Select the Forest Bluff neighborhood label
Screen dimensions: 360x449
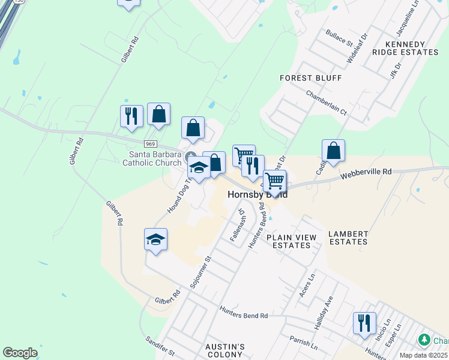pos(310,78)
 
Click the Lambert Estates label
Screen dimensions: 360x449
pos(348,237)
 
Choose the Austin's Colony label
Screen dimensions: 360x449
pos(224,351)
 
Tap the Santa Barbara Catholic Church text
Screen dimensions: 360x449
pos(152,158)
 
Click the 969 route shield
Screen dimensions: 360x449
pos(150,144)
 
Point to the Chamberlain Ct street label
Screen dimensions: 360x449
pos(327,103)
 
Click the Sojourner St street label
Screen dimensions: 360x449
pos(201,274)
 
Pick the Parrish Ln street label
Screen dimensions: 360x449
pos(303,343)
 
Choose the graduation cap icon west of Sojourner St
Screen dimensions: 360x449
pos(155,239)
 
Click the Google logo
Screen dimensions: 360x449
pos(20,353)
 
